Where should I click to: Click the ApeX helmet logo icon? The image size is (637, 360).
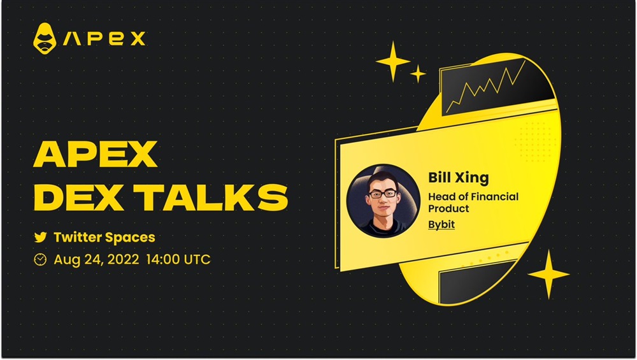click(45, 39)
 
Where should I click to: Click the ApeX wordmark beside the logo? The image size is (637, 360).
click(104, 39)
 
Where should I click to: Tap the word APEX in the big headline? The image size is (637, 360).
click(95, 154)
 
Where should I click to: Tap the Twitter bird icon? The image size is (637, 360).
click(40, 237)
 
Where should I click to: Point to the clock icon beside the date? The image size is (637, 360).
click(40, 259)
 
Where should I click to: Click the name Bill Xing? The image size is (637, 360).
click(459, 178)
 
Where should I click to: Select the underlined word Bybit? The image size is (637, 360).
click(441, 225)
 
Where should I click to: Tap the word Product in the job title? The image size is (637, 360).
click(448, 208)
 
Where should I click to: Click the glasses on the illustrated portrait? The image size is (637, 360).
click(382, 194)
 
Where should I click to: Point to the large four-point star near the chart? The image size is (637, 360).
click(393, 62)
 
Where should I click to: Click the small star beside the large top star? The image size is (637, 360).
click(418, 73)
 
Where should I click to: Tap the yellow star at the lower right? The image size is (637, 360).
click(548, 274)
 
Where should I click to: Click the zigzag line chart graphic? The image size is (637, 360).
click(485, 87)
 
